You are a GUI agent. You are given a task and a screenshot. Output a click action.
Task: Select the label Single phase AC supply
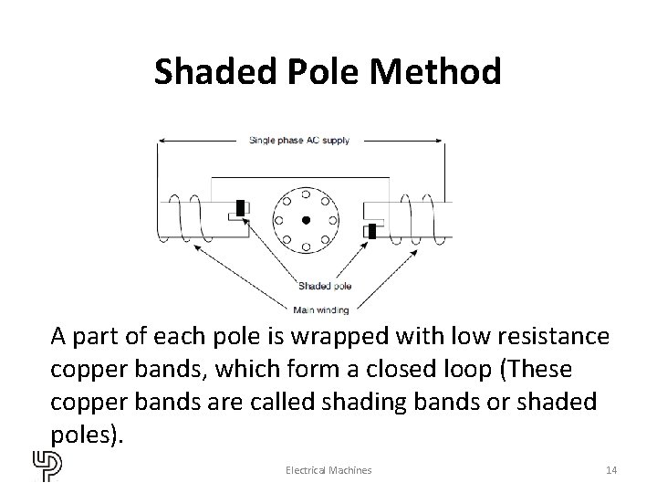[298, 141]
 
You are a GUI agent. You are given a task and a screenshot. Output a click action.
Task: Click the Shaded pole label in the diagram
[325, 287]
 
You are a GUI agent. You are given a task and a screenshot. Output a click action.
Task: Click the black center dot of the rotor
[307, 220]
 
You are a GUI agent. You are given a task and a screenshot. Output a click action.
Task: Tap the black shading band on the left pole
[240, 208]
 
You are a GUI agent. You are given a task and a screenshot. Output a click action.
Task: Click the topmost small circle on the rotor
[307, 189]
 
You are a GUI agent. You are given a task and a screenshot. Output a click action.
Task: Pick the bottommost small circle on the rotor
[307, 251]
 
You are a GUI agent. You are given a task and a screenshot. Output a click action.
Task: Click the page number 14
[611, 469]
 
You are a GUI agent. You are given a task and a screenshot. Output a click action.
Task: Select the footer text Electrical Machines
[328, 469]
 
